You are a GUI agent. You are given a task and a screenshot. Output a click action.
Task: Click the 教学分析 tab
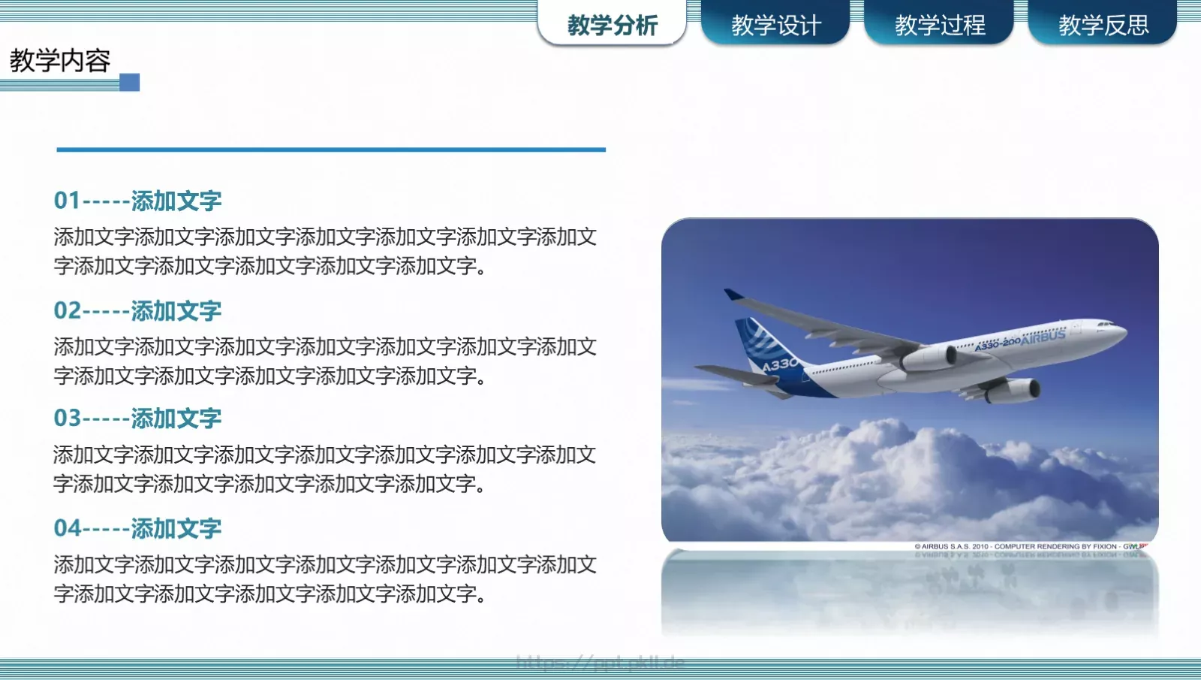click(612, 26)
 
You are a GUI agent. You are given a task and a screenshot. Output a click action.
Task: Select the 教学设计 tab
click(775, 26)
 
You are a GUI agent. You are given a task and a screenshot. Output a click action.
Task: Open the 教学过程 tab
click(939, 26)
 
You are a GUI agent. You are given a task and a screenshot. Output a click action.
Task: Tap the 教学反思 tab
click(1103, 26)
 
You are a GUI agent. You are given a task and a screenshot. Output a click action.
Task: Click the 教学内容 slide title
click(60, 61)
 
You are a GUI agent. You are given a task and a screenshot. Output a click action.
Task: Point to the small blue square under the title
click(130, 82)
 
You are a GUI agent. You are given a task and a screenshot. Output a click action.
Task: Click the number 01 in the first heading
click(67, 201)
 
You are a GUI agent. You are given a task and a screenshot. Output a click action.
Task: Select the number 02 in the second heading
click(67, 310)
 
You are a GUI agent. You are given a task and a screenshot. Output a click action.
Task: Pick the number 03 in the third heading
click(67, 419)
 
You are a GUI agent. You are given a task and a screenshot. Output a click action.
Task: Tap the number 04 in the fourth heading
click(67, 528)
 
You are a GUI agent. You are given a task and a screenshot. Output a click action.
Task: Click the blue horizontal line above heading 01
click(330, 150)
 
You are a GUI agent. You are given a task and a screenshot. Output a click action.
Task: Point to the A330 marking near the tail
click(780, 365)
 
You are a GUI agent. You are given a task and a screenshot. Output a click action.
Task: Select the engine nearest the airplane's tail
click(930, 358)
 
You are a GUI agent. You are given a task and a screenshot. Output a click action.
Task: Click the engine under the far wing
click(1013, 390)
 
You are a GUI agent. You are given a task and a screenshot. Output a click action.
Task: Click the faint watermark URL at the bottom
click(600, 662)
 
